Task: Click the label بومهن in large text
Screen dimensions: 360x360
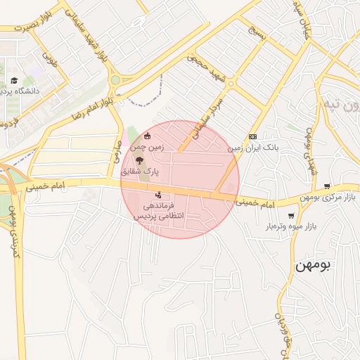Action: coord(314,266)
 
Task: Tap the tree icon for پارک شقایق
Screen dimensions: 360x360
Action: coord(139,160)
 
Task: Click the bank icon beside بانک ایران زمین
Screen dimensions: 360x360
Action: coord(253,137)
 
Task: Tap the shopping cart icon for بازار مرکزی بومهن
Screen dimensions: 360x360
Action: coord(327,186)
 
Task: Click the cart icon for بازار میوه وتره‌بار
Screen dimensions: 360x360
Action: coord(291,216)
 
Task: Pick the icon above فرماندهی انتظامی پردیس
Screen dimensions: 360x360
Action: coord(158,195)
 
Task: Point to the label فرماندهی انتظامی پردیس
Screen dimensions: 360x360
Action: coord(158,212)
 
